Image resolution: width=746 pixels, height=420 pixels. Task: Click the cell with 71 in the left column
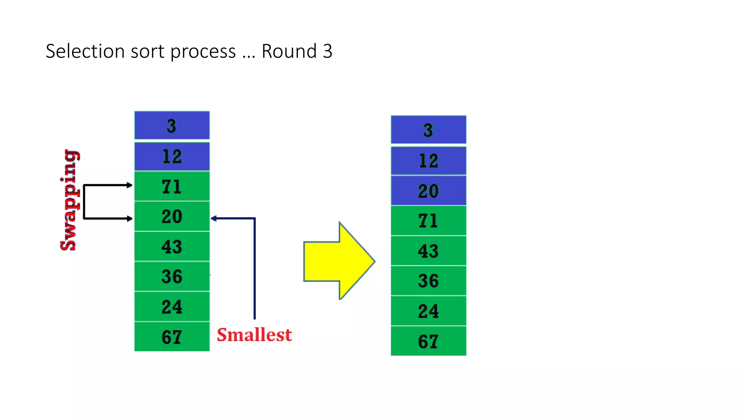point(172,186)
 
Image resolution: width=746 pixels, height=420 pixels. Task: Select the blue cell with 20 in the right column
point(428,191)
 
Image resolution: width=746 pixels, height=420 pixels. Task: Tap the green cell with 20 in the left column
point(172,216)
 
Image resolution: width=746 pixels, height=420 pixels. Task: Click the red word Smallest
point(254,335)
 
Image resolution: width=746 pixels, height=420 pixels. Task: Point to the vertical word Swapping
point(69,200)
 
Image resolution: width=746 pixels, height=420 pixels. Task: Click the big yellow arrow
point(338,261)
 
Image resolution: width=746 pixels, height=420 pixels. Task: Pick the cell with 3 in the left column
point(172,126)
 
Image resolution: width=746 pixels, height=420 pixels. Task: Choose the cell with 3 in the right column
point(428,130)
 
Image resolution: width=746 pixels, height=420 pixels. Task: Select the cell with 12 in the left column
point(172,156)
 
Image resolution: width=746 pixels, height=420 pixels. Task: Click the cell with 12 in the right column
point(428,161)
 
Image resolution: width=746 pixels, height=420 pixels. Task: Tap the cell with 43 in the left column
point(172,246)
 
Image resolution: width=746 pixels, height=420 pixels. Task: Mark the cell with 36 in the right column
point(428,281)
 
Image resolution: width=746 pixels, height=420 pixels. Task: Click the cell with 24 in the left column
point(172,307)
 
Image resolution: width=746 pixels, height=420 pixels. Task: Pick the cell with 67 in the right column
point(428,341)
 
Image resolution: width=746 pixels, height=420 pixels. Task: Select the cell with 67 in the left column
point(172,337)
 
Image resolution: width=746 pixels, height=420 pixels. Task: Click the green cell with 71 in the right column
point(428,221)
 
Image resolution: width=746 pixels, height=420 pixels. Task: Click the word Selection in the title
point(85,51)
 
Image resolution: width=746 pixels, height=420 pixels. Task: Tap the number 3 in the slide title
point(327,51)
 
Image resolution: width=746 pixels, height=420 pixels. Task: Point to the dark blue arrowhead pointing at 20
point(214,218)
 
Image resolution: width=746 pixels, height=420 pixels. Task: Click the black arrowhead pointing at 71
point(129,185)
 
